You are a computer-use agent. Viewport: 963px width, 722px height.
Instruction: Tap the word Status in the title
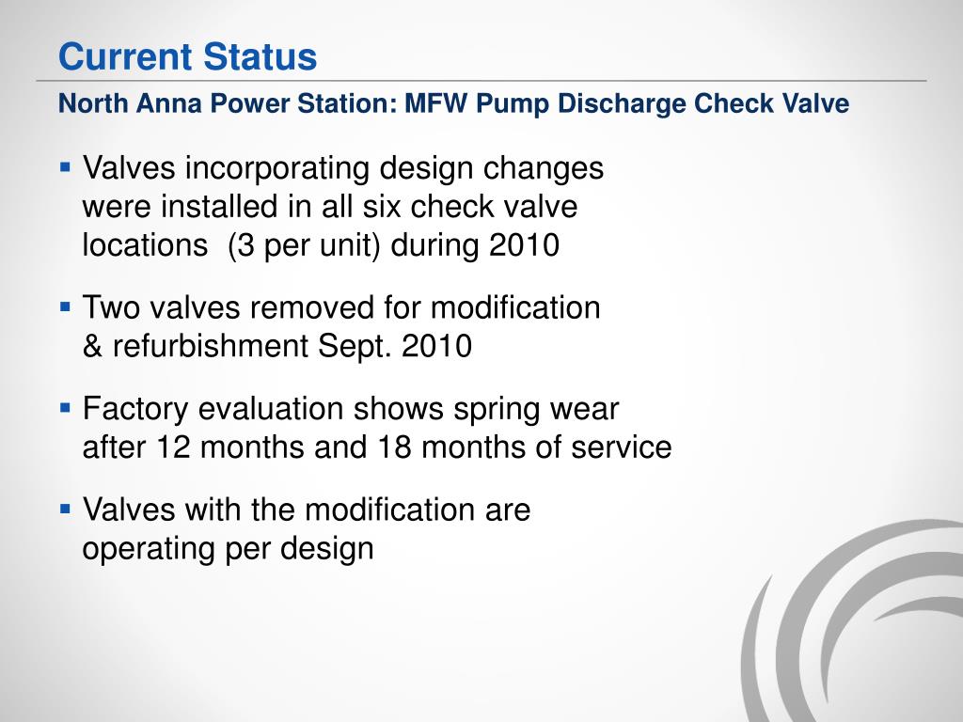tap(260, 57)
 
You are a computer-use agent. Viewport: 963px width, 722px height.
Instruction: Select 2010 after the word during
tap(525, 246)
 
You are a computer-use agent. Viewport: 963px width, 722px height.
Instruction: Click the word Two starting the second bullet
tap(111, 307)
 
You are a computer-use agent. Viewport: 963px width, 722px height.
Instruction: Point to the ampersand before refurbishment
tap(93, 347)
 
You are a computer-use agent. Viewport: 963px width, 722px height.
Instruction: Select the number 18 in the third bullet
tap(394, 447)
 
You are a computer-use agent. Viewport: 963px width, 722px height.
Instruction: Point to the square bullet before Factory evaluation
tap(66, 408)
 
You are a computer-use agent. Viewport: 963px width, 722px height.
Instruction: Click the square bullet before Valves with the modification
tap(66, 510)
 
